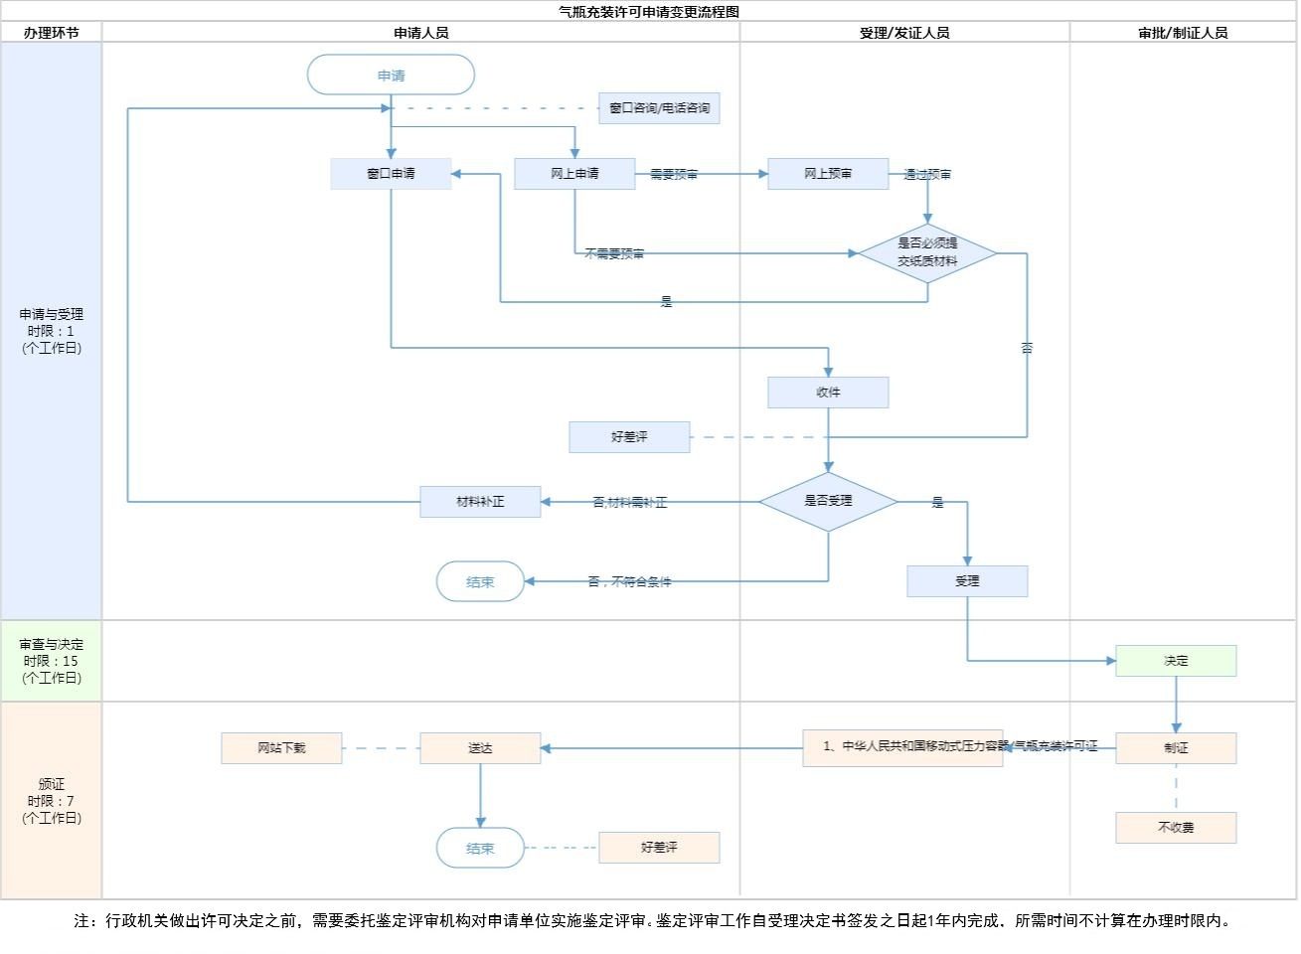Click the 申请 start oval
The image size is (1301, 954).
coord(391,75)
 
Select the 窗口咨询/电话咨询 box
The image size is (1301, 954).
coord(659,108)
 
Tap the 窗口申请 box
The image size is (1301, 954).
coord(391,174)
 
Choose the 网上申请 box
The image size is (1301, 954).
coord(574,174)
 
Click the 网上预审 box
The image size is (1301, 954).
coord(828,174)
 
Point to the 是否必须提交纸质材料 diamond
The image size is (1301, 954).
coord(927,252)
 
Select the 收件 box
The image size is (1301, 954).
coord(828,393)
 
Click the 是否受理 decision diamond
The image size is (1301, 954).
coord(828,501)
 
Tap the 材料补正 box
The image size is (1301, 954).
coord(480,502)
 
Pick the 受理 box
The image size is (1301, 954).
coord(967,581)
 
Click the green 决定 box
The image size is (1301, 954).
coord(1176,661)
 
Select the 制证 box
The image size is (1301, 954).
coord(1176,748)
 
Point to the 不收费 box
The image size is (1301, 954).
coord(1176,828)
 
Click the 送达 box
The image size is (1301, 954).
coord(480,748)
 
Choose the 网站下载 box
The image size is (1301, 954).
coord(281,748)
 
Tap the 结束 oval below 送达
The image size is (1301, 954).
coord(480,848)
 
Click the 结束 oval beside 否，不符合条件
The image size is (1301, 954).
coord(480,581)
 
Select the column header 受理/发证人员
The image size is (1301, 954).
coord(904,33)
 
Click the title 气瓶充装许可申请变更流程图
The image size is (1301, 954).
coord(650,12)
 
